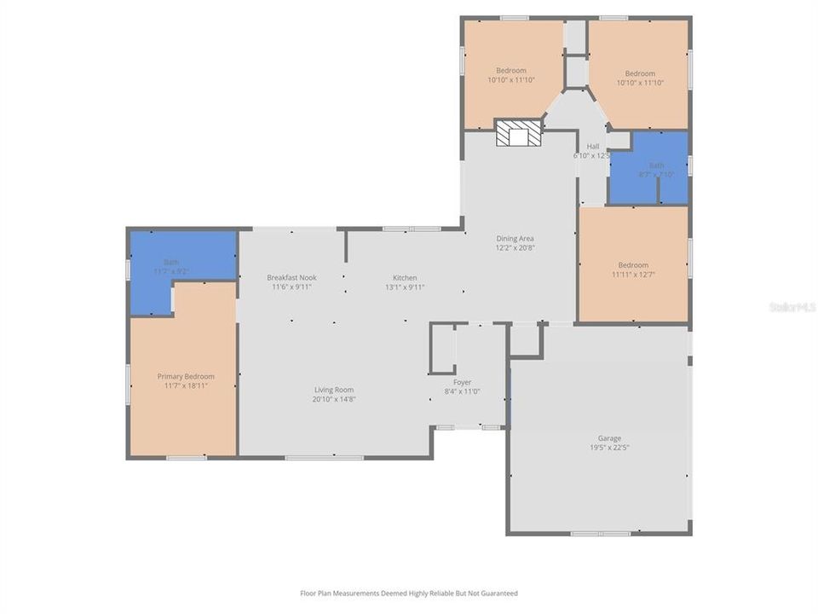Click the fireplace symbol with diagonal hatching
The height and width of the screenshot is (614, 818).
pos(519,133)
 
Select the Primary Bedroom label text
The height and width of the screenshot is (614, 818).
pos(186,376)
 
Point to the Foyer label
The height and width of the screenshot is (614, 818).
pos(462,382)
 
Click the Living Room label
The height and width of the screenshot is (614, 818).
pos(334,390)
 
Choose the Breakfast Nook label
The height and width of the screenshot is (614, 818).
pos(291,278)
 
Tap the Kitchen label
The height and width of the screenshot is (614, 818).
pos(405,278)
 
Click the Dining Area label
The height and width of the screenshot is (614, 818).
pos(516,239)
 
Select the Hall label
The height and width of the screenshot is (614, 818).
pos(593,147)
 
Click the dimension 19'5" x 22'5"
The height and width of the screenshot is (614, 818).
pos(609,448)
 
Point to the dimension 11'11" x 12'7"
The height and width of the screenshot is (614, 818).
pos(633,275)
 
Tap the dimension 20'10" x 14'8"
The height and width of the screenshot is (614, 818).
pos(334,399)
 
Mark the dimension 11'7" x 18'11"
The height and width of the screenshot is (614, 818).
pos(186,385)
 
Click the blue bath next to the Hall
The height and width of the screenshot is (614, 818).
pos(648,168)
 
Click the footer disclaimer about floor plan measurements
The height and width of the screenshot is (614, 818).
pos(409,593)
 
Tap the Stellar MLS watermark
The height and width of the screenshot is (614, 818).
pos(792,306)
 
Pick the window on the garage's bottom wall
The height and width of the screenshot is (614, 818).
pos(600,534)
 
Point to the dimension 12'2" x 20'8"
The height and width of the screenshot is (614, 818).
pos(516,248)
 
